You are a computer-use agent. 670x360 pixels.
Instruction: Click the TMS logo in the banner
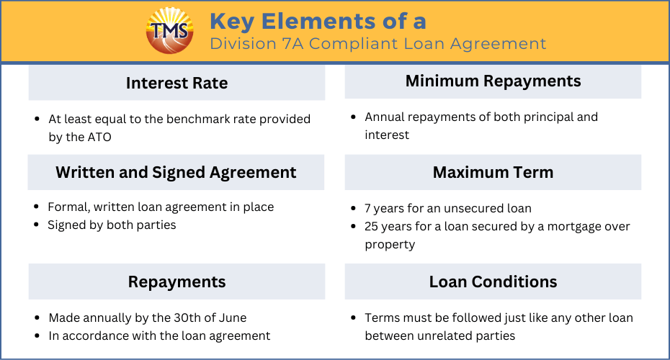pyautogui.click(x=169, y=30)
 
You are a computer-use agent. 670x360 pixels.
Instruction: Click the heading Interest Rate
pyautogui.click(x=177, y=83)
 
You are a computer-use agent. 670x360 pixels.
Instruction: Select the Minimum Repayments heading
pyautogui.click(x=493, y=81)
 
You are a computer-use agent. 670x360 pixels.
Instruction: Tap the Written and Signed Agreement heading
pyautogui.click(x=176, y=173)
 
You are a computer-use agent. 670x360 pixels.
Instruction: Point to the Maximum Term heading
pyautogui.click(x=493, y=173)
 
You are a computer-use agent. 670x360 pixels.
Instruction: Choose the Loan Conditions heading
pyautogui.click(x=493, y=282)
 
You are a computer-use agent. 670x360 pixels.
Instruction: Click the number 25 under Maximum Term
pyautogui.click(x=371, y=226)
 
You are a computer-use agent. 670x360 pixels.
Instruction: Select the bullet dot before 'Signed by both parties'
pyautogui.click(x=36, y=225)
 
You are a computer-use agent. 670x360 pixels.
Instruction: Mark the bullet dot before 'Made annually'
pyautogui.click(x=37, y=318)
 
